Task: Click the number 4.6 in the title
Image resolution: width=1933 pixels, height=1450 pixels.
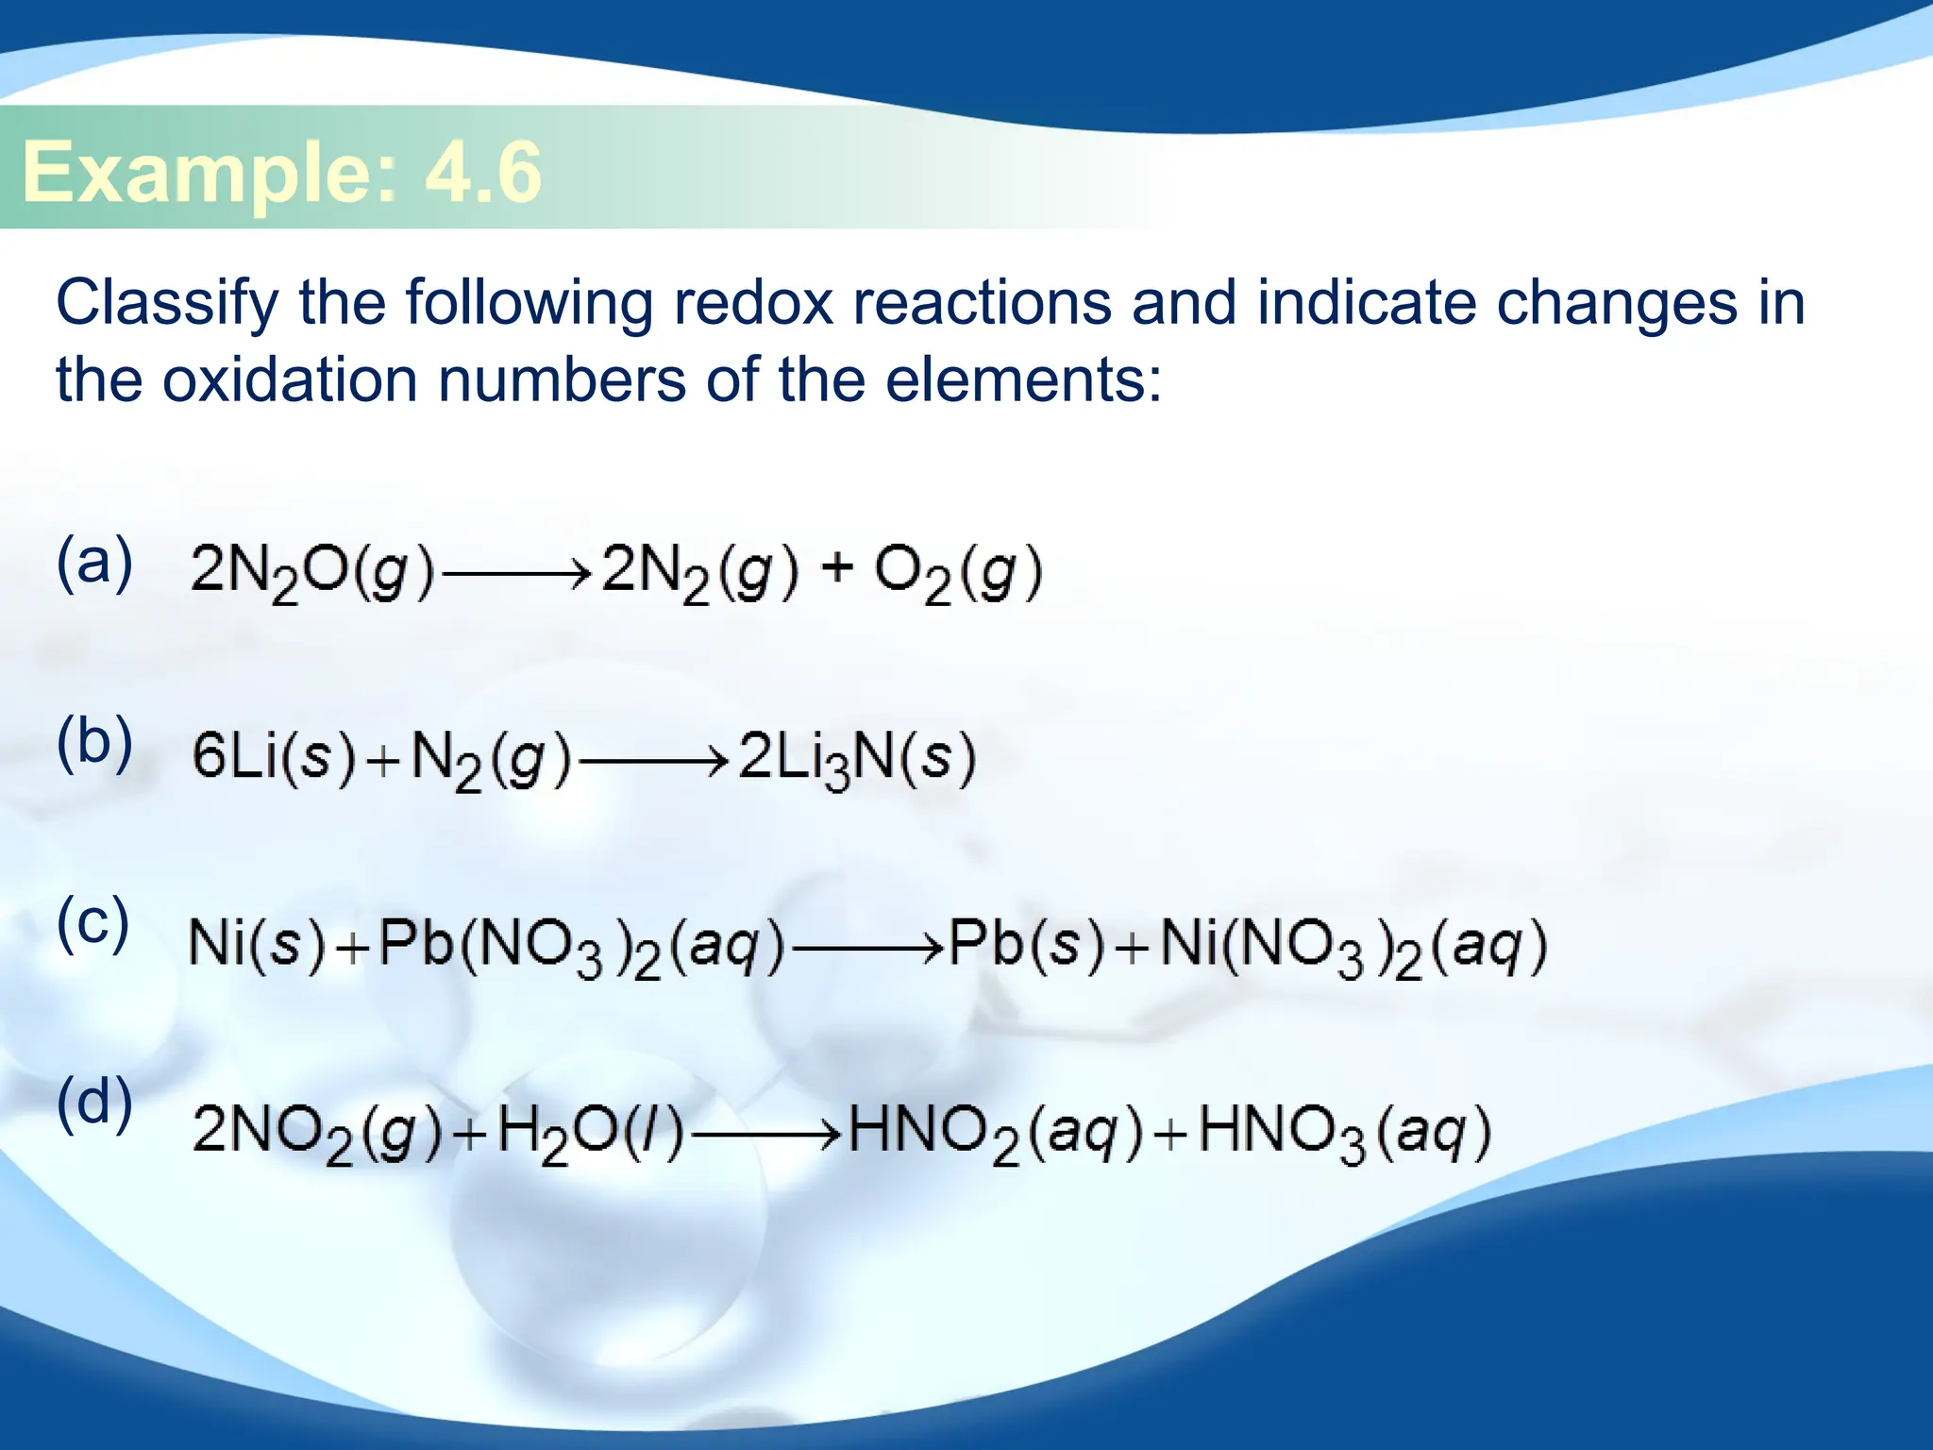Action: click(483, 172)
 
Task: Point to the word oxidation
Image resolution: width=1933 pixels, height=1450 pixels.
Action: click(290, 380)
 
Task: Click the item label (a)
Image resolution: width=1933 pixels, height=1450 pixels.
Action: click(94, 562)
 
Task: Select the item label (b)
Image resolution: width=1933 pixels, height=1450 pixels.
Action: click(94, 743)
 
